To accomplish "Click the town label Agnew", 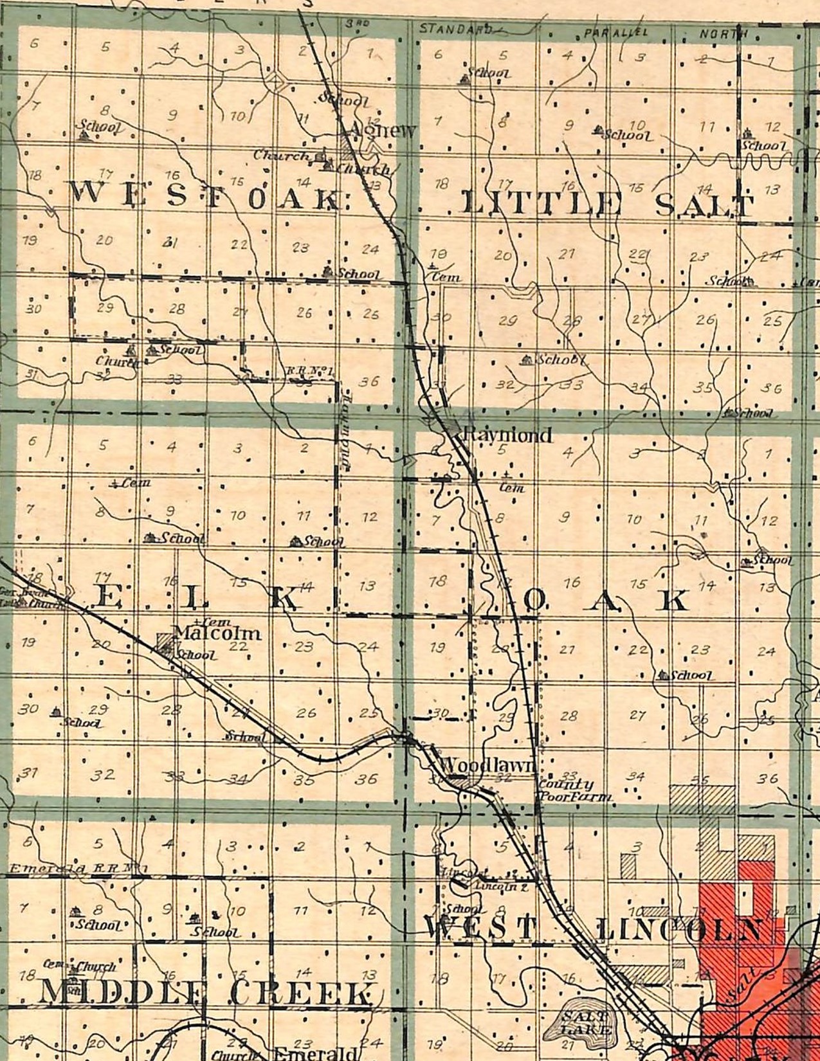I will pyautogui.click(x=383, y=131).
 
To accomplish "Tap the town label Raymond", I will pyautogui.click(x=507, y=435).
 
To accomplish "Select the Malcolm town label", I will pyautogui.click(x=217, y=633).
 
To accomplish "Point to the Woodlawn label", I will pyautogui.click(x=489, y=765).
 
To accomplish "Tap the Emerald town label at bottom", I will pyautogui.click(x=315, y=1054).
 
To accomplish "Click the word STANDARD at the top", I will pyautogui.click(x=455, y=29).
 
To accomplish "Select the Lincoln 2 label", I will pyautogui.click(x=502, y=886).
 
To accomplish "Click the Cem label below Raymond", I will pyautogui.click(x=513, y=488).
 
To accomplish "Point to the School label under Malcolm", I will pyautogui.click(x=197, y=656).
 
